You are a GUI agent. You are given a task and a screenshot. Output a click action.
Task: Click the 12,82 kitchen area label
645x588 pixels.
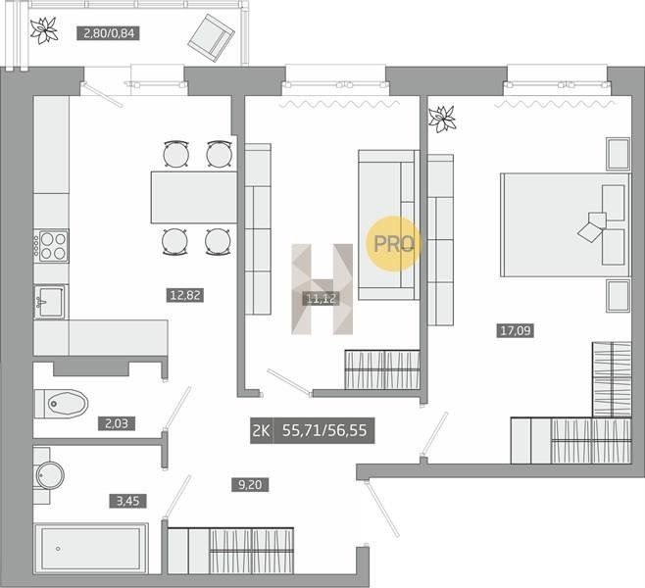pos(185,295)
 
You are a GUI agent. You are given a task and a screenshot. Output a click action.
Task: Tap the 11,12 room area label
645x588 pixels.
pos(322,298)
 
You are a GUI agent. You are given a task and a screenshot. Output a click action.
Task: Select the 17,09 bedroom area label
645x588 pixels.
pos(516,330)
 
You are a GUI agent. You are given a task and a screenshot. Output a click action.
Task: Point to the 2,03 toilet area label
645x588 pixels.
pos(117,423)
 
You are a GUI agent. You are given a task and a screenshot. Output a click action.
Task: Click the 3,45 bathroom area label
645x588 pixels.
pos(128,501)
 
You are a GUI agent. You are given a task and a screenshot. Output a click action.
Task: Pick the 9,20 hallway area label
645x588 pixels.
pos(250,484)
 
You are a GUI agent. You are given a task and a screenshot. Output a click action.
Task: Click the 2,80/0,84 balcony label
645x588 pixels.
pos(109,33)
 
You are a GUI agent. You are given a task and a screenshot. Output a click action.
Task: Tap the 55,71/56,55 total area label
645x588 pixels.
pos(324,430)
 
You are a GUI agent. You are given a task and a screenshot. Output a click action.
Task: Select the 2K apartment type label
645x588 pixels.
pos(261,430)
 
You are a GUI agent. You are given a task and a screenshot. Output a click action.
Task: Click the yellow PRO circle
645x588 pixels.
pos(393,244)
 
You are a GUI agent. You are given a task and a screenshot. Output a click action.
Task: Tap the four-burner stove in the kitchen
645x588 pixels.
pos(51,246)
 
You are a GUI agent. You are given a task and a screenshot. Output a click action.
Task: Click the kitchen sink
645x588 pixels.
pos(50,302)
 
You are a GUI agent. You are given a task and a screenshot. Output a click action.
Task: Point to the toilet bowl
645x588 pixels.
pos(63,404)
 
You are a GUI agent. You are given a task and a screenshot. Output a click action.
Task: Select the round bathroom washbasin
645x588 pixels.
pos(50,475)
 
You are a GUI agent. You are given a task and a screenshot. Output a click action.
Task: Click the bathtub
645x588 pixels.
pos(91,549)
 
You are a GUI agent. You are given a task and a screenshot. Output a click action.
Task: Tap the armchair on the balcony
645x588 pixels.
pos(212,38)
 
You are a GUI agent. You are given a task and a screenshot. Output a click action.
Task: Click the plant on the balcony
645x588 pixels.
pos(43,30)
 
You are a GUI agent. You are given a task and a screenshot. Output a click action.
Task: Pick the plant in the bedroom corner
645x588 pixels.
pos(442,119)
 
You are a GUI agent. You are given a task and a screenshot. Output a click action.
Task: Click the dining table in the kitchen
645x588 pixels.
pos(194,197)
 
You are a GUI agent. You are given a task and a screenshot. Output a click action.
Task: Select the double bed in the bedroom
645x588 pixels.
pos(566,225)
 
